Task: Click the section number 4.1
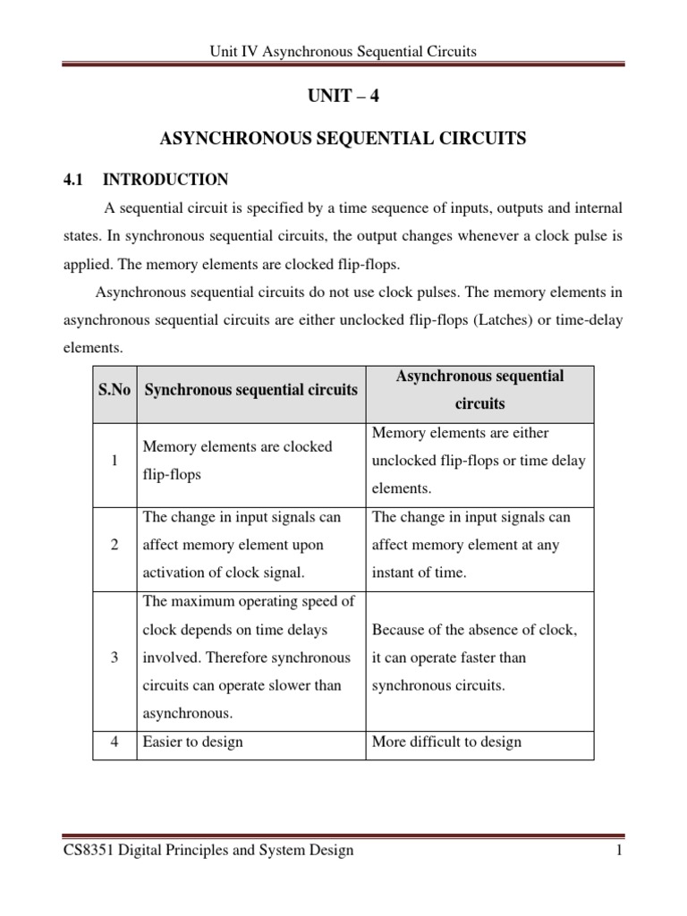point(72,179)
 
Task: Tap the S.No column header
point(114,389)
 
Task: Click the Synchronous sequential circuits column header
point(250,389)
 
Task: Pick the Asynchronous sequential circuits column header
point(479,389)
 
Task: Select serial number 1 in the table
point(114,461)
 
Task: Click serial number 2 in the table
point(114,545)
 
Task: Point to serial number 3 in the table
point(114,657)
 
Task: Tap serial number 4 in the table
point(114,742)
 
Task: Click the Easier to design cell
point(192,742)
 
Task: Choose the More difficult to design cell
point(446,742)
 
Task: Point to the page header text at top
point(343,52)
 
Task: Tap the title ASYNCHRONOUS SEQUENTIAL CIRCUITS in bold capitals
point(343,139)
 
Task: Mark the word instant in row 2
point(394,572)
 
